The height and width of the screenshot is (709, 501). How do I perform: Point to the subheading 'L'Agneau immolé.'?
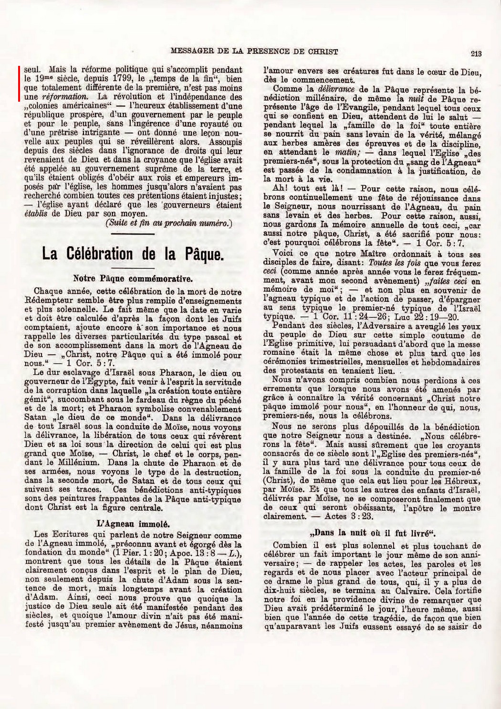pyautogui.click(x=131, y=522)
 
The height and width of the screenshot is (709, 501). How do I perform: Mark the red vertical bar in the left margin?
pyautogui.click(x=20, y=84)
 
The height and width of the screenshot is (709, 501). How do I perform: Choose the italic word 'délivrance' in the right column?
pyautogui.click(x=334, y=89)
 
